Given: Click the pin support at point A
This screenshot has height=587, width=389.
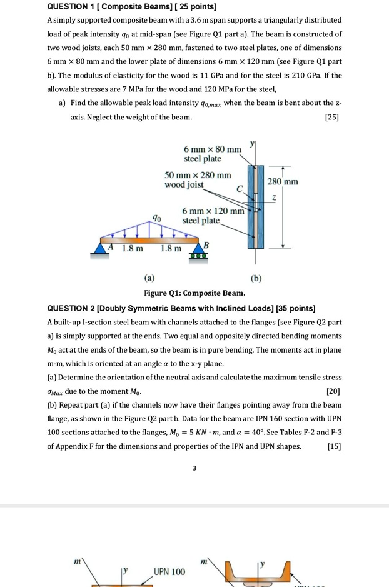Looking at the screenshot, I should pyautogui.click(x=101, y=249).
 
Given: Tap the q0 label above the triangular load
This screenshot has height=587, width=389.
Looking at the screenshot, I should pyautogui.click(x=159, y=218).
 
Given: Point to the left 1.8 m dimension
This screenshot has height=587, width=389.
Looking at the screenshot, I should pyautogui.click(x=132, y=249).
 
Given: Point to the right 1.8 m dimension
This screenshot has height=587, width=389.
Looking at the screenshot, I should pyautogui.click(x=171, y=249).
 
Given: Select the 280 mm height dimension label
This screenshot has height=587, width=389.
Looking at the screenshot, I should pyautogui.click(x=283, y=182).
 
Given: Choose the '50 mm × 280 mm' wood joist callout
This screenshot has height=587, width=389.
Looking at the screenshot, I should pyautogui.click(x=198, y=180).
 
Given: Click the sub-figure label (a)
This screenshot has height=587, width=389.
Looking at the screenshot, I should pyautogui.click(x=149, y=277).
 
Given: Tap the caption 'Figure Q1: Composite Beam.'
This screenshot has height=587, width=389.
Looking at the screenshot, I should pyautogui.click(x=194, y=293).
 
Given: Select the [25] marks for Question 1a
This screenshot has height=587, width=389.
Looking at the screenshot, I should pyautogui.click(x=333, y=117).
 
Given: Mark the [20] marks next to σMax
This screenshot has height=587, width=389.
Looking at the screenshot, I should pyautogui.click(x=333, y=392).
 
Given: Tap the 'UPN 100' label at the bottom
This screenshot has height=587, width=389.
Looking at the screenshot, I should pyautogui.click(x=169, y=572).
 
